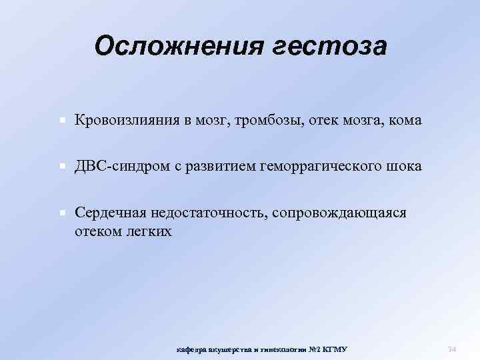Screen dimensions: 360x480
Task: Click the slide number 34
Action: point(451,349)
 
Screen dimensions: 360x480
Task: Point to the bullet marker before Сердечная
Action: point(61,213)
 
